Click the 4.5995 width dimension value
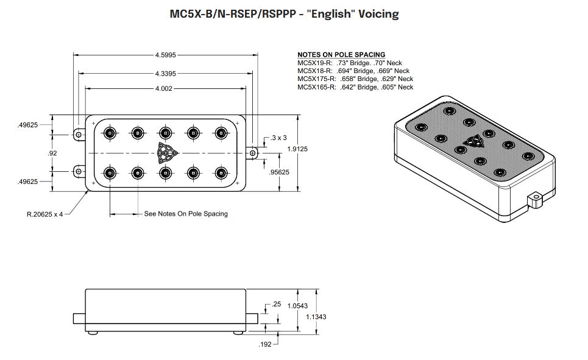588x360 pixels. [165, 55]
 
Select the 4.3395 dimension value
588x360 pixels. [165, 73]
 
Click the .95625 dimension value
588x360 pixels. [279, 172]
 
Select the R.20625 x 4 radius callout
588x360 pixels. [44, 214]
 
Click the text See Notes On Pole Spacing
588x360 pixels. [185, 214]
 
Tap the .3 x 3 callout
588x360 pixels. [278, 138]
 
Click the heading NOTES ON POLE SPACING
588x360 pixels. [341, 55]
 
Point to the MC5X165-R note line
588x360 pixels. [355, 87]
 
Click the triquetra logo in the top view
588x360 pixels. [165, 152]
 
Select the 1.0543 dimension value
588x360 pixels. [297, 306]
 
